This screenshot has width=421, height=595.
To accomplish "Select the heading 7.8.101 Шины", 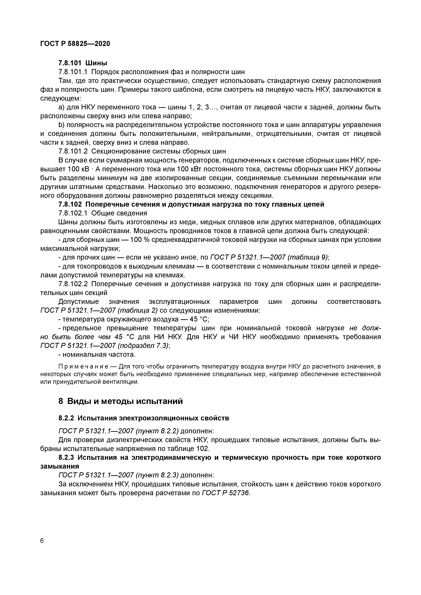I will pos(83,63).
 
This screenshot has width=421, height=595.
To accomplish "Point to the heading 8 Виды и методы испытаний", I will pos(120,401).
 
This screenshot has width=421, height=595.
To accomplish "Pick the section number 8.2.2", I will pos(66,418).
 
